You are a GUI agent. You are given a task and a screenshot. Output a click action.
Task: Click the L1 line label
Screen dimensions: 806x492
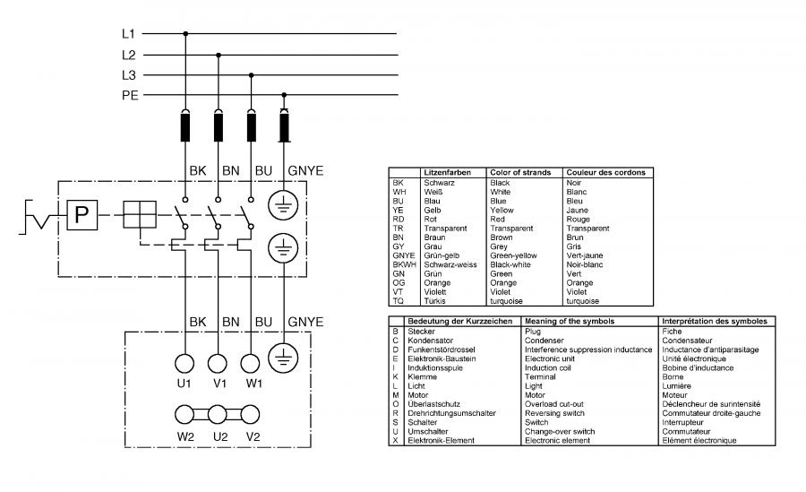tap(128, 34)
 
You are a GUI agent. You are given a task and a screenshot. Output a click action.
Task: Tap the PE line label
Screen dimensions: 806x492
tap(130, 96)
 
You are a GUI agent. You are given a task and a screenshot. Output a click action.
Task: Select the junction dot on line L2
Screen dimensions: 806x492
tap(219, 55)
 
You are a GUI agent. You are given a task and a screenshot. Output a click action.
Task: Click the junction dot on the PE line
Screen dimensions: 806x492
tap(284, 95)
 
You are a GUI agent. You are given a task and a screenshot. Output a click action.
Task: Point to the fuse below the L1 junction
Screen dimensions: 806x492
tap(185, 126)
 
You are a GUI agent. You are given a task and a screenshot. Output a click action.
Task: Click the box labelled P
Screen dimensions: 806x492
tap(82, 214)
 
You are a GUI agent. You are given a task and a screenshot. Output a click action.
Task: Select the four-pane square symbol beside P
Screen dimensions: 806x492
tap(140, 214)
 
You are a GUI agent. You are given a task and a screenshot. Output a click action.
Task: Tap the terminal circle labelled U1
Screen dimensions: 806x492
tap(184, 363)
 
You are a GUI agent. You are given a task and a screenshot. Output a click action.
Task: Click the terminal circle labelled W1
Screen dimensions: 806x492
tap(251, 363)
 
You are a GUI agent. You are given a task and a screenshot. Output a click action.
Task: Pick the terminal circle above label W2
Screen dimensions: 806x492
tap(184, 414)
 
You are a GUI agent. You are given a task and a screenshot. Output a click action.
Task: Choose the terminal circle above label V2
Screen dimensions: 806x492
tap(251, 414)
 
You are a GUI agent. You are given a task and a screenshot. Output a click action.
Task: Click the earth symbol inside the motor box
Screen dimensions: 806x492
tap(283, 358)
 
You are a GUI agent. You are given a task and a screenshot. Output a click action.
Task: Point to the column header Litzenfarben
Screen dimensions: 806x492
tap(447, 172)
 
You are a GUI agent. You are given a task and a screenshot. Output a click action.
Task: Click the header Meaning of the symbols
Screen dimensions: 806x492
tap(570, 321)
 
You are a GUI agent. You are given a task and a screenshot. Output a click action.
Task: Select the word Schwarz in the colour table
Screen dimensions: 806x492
tap(440, 183)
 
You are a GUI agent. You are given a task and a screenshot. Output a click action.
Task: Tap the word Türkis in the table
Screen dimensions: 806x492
tap(435, 301)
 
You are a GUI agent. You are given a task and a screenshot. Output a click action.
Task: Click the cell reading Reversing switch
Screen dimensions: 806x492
tap(554, 413)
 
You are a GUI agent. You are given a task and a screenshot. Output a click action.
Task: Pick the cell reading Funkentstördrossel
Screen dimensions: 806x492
tap(442, 350)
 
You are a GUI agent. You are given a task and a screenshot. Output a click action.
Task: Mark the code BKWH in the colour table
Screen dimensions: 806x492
tap(405, 264)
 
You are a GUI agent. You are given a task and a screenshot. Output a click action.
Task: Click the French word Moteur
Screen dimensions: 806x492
tap(675, 395)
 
